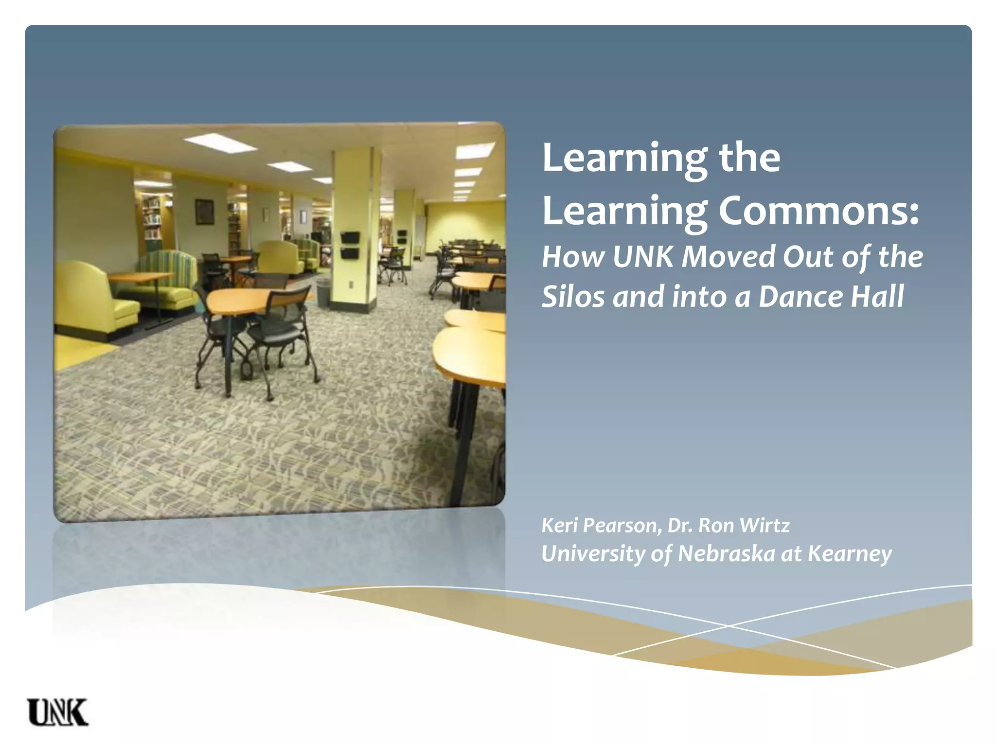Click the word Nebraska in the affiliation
click(726, 553)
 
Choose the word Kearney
click(850, 553)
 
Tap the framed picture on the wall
click(204, 212)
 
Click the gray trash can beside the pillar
click(323, 292)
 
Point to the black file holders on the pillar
click(350, 245)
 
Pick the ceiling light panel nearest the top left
click(220, 142)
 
